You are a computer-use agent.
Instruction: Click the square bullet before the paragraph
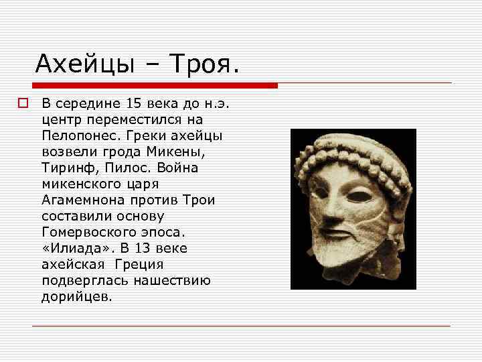pyautogui.click(x=23, y=104)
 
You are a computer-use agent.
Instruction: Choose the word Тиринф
pyautogui.click(x=64, y=168)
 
